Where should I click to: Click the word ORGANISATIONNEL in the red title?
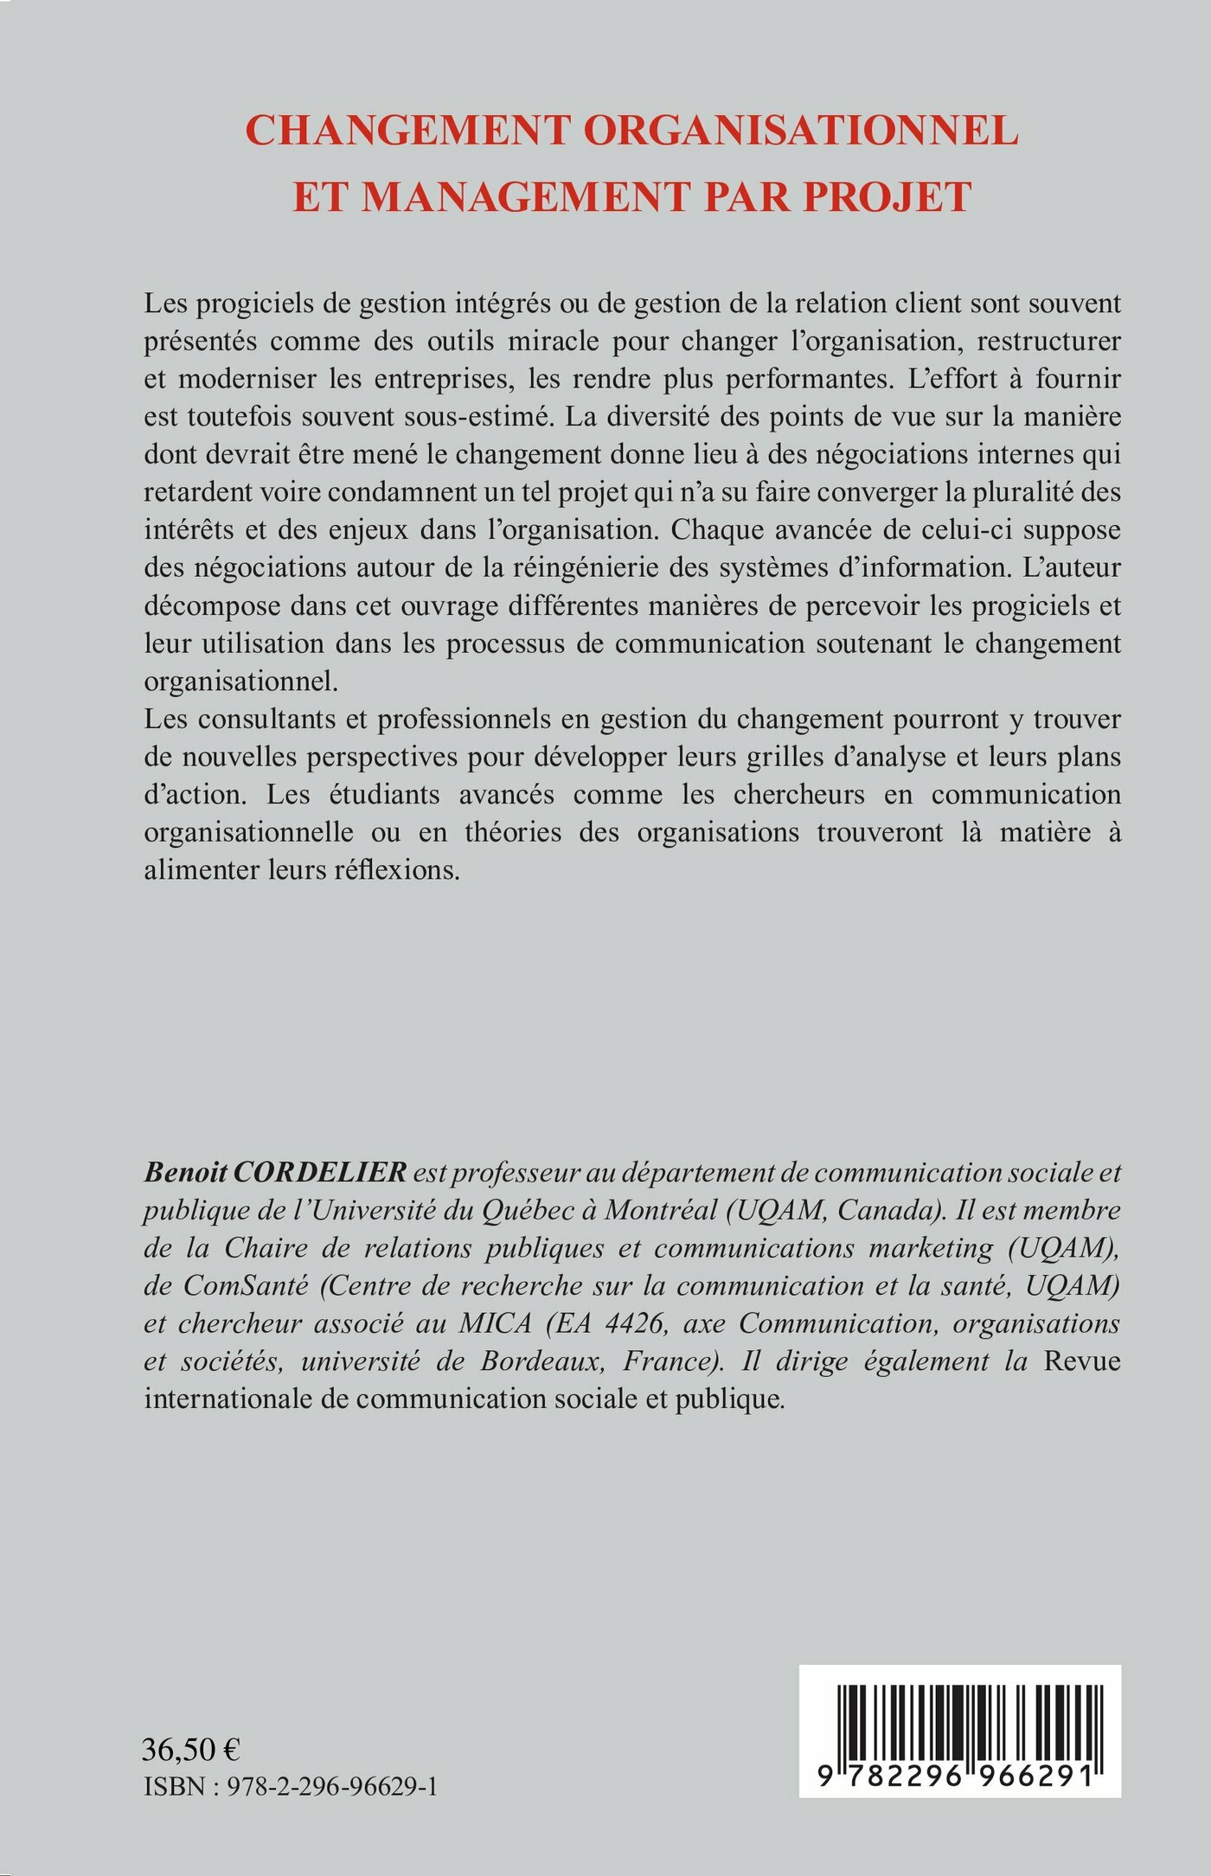click(x=801, y=131)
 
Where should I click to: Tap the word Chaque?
click(x=711, y=529)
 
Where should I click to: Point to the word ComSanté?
click(x=245, y=1286)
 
